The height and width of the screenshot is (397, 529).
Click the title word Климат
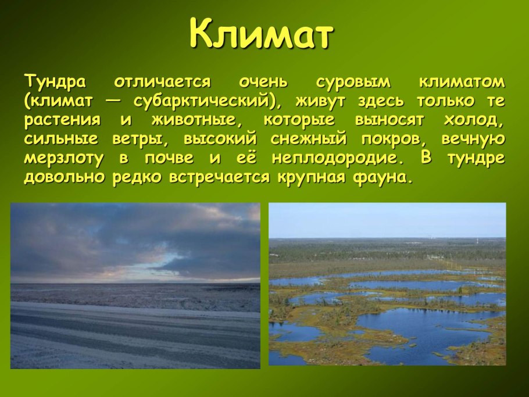262,33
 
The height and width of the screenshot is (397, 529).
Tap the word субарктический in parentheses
201,101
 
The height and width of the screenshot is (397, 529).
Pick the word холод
471,120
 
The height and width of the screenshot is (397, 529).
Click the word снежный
309,139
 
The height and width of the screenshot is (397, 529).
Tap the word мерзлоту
63,159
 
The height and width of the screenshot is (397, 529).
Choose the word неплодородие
335,159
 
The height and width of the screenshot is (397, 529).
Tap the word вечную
473,139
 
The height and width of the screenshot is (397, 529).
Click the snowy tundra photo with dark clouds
135,286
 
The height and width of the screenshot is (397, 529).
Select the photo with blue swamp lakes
387,284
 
